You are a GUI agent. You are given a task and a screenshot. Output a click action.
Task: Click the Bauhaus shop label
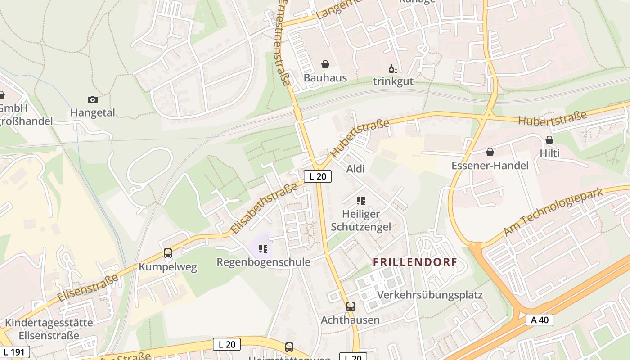325,78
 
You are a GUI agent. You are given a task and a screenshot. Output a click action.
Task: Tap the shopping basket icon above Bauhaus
325,65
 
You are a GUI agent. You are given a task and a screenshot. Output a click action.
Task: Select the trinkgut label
393,81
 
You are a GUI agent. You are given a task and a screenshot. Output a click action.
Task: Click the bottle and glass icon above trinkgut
393,69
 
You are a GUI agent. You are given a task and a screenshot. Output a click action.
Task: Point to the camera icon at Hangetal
93,99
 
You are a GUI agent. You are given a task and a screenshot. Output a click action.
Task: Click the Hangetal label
93,112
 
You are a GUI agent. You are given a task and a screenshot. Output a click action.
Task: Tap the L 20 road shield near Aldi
318,176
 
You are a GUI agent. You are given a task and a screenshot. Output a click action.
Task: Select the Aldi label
355,169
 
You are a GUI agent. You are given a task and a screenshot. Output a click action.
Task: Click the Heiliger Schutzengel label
361,220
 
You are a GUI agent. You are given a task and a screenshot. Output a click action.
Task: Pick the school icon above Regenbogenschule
263,248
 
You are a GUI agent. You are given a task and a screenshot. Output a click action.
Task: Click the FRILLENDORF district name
415,262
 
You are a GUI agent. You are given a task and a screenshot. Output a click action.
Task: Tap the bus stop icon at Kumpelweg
168,253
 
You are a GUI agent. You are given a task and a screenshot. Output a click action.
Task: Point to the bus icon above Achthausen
350,306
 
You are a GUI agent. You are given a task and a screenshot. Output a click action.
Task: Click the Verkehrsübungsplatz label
430,295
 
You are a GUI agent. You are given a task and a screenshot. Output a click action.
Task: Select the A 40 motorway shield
539,320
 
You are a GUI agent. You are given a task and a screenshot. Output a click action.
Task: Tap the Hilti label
549,153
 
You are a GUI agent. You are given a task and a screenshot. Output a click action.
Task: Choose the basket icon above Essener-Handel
490,153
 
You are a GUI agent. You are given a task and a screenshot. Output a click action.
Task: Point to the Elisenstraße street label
88,288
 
